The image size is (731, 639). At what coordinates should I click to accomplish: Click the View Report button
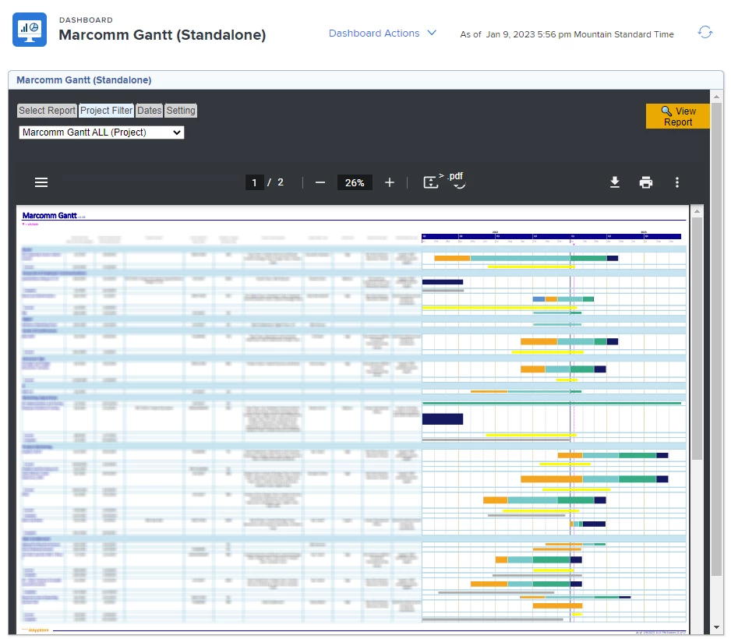pyautogui.click(x=677, y=116)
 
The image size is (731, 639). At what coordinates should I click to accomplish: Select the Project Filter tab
pyautogui.click(x=106, y=111)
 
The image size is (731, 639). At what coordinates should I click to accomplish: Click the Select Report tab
pyautogui.click(x=47, y=111)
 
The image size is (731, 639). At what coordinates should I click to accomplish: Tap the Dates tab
pyautogui.click(x=150, y=111)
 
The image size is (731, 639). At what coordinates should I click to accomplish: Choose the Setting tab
pyautogui.click(x=181, y=111)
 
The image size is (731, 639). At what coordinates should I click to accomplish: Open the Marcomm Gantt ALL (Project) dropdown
pyautogui.click(x=101, y=132)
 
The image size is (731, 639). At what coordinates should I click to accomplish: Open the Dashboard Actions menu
pyautogui.click(x=382, y=34)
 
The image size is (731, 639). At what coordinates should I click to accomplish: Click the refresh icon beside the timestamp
pyautogui.click(x=705, y=33)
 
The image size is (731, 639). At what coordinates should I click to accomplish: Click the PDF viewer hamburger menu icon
pyautogui.click(x=41, y=182)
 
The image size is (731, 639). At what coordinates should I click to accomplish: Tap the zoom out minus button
pyautogui.click(x=320, y=182)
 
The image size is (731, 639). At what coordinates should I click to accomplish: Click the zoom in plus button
pyautogui.click(x=390, y=182)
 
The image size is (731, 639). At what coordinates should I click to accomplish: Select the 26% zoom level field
pyautogui.click(x=355, y=182)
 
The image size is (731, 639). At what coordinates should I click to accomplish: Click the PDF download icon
pyautogui.click(x=615, y=182)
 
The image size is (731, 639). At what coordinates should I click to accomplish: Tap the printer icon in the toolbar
pyautogui.click(x=646, y=182)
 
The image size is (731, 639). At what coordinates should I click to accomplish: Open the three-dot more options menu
pyautogui.click(x=677, y=182)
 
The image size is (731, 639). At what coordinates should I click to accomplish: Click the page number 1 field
pyautogui.click(x=254, y=182)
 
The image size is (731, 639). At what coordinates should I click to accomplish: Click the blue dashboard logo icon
pyautogui.click(x=30, y=30)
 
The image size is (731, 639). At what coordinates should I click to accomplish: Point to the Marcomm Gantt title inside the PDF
pyautogui.click(x=49, y=215)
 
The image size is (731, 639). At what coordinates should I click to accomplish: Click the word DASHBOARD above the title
pyautogui.click(x=86, y=20)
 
